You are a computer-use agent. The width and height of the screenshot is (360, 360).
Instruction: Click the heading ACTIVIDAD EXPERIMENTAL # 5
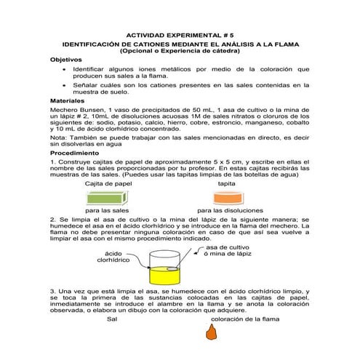pos(180,33)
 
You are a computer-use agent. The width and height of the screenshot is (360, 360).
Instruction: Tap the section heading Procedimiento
pos(74,153)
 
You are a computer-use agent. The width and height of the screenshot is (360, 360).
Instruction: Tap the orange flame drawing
pos(212,332)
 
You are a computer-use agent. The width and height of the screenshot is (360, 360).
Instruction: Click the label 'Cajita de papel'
pos(108,185)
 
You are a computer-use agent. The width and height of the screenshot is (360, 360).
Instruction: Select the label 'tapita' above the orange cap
pos(226,185)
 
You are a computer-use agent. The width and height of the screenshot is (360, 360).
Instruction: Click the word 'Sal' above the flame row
pos(111,319)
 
